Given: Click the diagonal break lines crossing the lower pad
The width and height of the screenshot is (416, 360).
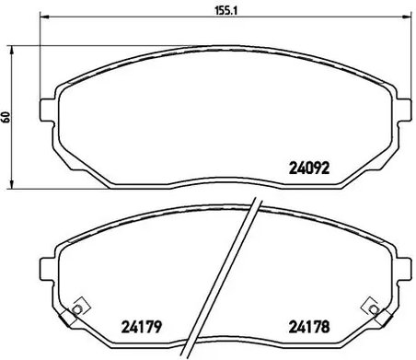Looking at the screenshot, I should pos(241,276).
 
